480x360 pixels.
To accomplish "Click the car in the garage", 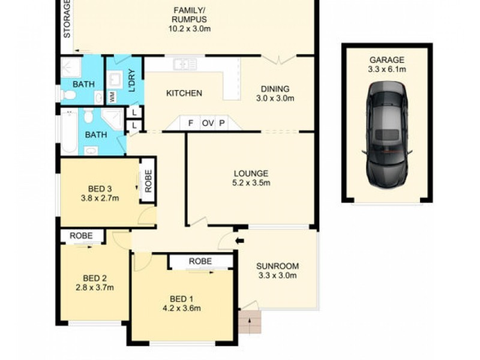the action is (387, 134).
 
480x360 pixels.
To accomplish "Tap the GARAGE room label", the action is (387, 59).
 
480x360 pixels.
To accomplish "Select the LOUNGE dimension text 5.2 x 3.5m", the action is (251, 183).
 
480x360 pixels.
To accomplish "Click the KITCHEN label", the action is (184, 93).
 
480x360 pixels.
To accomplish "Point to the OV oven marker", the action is (208, 123).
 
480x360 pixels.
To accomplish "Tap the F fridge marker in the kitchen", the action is (190, 123).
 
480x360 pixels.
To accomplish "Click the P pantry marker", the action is (222, 123).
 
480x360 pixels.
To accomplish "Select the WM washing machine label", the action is (112, 97).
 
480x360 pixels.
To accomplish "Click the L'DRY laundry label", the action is (132, 81).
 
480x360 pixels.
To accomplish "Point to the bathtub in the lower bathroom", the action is (70, 132).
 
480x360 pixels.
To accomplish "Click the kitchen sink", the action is (185, 65).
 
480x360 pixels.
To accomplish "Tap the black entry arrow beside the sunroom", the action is (239, 241).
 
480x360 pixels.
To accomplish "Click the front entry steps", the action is (250, 322).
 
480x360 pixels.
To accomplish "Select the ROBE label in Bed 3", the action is (148, 181).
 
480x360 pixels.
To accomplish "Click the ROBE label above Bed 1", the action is (200, 261).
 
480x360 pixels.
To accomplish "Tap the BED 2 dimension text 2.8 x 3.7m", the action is (95, 287).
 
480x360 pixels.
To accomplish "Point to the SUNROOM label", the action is (277, 266).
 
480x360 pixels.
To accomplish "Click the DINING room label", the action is (275, 89).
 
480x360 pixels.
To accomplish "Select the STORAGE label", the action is (67, 19).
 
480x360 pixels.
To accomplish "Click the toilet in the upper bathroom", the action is (68, 95).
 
